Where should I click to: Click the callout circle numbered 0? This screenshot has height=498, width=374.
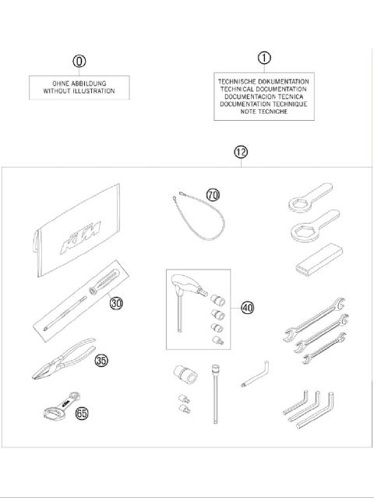click(x=79, y=61)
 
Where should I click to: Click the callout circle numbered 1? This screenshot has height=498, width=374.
click(x=263, y=58)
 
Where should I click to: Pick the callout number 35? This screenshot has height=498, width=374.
click(x=102, y=360)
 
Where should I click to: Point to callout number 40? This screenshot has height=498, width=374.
click(x=249, y=309)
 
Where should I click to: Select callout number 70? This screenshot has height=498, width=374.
click(x=213, y=194)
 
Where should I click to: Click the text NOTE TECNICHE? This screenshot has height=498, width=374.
click(x=263, y=111)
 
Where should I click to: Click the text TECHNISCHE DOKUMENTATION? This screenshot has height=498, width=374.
click(x=263, y=81)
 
